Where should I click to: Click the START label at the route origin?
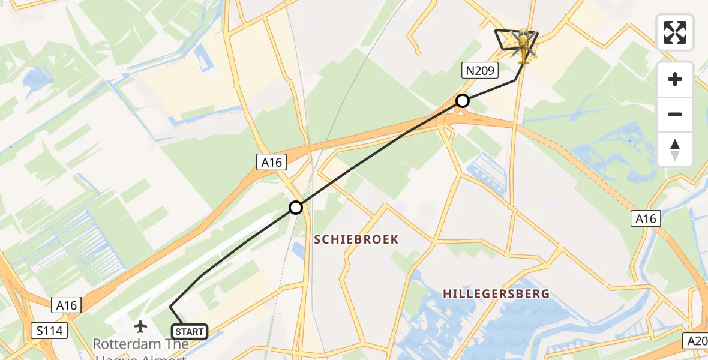pyautogui.click(x=190, y=331)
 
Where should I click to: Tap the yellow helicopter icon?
pyautogui.click(x=524, y=47)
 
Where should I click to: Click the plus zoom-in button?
pyautogui.click(x=675, y=79)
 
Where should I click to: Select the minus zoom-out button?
pyautogui.click(x=675, y=114)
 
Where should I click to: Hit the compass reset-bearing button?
pyautogui.click(x=675, y=149)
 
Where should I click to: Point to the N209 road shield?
pyautogui.click(x=480, y=71)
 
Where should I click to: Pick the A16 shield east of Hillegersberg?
pyautogui.click(x=646, y=219)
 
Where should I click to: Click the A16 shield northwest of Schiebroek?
pyautogui.click(x=271, y=161)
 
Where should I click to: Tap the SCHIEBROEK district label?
pyautogui.click(x=356, y=239)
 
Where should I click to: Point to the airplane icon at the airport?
pyautogui.click(x=140, y=326)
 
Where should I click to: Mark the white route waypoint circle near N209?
pyautogui.click(x=462, y=101)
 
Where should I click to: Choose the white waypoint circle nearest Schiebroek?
pyautogui.click(x=296, y=208)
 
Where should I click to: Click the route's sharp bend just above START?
pyautogui.click(x=171, y=307)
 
